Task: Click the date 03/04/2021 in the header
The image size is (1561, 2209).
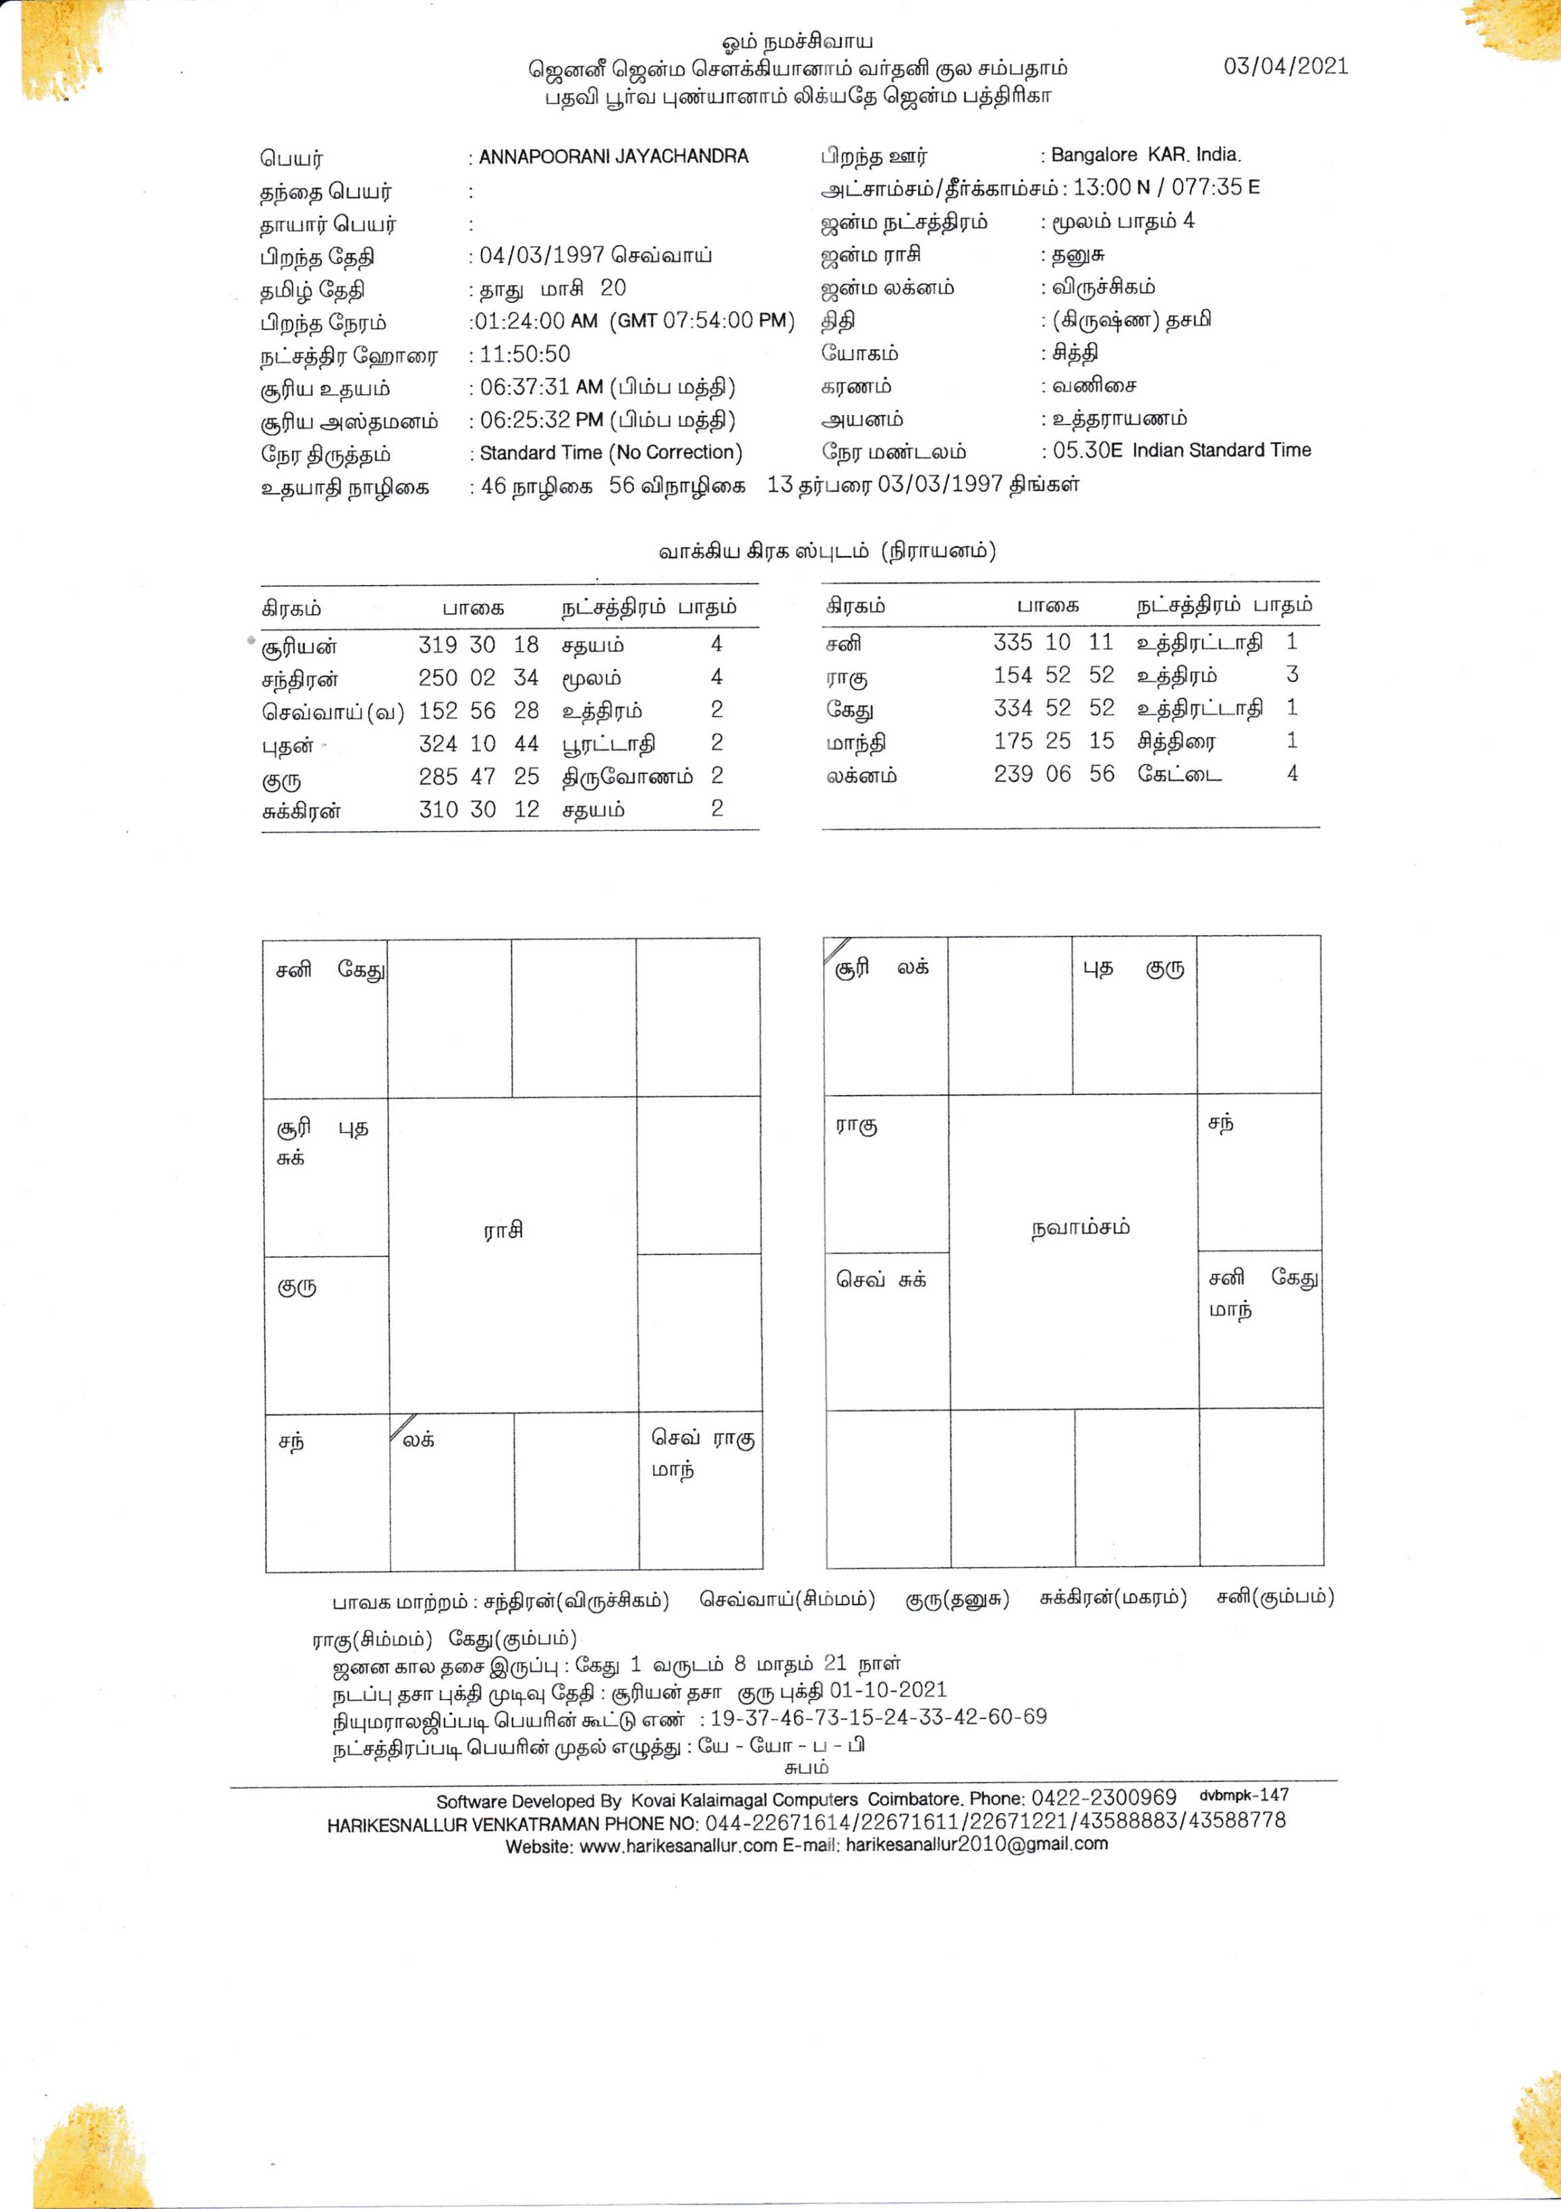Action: pyautogui.click(x=1285, y=66)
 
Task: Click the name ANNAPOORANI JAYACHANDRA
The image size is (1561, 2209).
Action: pyautogui.click(x=614, y=157)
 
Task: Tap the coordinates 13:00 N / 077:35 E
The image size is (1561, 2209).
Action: pyautogui.click(x=1166, y=188)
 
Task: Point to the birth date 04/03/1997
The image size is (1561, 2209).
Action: pyautogui.click(x=542, y=256)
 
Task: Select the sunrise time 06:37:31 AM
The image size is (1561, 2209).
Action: pyautogui.click(x=540, y=387)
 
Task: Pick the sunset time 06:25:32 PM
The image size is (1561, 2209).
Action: pyautogui.click(x=540, y=420)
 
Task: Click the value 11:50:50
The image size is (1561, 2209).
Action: pyautogui.click(x=524, y=354)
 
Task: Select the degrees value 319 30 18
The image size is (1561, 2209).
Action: pyautogui.click(x=478, y=644)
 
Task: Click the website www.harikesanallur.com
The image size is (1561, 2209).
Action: pyautogui.click(x=677, y=1846)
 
